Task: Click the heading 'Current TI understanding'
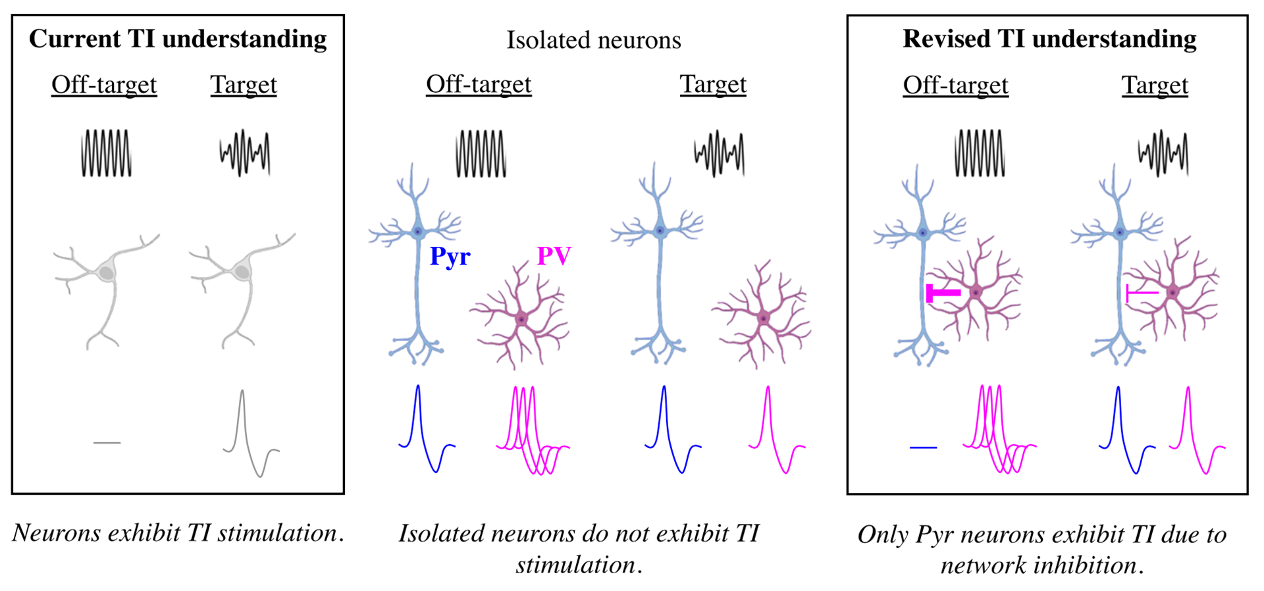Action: (x=178, y=39)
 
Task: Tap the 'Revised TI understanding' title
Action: (x=1049, y=39)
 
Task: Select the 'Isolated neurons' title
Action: (x=593, y=40)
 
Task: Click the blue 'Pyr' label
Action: (x=450, y=256)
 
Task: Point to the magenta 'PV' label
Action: (x=554, y=255)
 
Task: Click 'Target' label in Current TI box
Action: (x=244, y=85)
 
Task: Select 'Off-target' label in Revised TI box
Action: (x=955, y=85)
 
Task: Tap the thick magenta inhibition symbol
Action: (x=942, y=293)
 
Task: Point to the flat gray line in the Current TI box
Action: (x=107, y=443)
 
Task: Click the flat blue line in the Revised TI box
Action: (x=923, y=448)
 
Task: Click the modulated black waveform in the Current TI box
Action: (x=244, y=153)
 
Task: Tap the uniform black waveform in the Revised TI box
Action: (x=980, y=153)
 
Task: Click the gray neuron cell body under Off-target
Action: (x=106, y=271)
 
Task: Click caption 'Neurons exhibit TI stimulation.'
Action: (x=178, y=533)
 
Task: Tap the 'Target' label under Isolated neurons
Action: (x=713, y=84)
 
